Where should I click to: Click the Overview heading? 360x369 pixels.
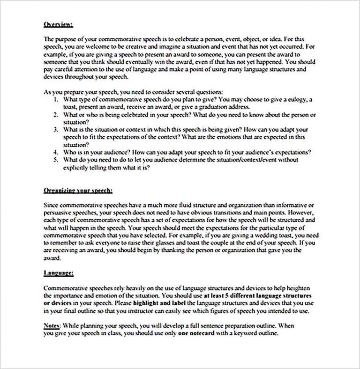click(x=58, y=24)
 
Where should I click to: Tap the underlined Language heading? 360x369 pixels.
click(x=58, y=273)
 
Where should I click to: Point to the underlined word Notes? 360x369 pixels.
click(x=51, y=325)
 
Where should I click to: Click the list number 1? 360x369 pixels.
click(x=55, y=100)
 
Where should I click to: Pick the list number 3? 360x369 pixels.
click(x=55, y=129)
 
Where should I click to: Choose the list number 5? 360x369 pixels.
click(x=55, y=160)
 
